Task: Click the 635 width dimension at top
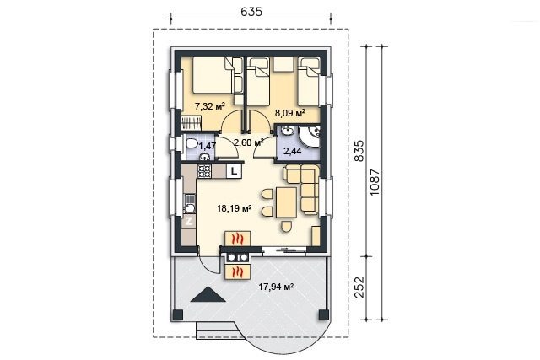251,12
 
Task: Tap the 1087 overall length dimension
375,182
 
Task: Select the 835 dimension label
359,151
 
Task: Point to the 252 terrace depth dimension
359,287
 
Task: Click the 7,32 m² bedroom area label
210,106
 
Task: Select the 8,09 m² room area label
290,112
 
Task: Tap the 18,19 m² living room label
234,208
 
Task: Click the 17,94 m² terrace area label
276,287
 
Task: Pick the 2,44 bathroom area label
293,151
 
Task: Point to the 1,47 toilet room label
208,146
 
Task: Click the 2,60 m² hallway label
249,142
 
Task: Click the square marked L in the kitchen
235,170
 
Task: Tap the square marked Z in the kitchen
189,221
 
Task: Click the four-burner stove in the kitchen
204,171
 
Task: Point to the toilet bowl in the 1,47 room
191,143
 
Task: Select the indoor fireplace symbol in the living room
237,238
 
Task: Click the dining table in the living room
286,202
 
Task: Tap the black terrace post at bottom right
324,314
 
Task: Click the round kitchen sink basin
189,208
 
